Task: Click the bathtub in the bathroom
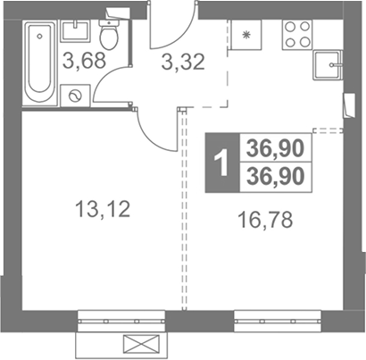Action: [x=39, y=63]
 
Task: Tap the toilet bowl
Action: [x=109, y=34]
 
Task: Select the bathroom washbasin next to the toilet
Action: [x=75, y=30]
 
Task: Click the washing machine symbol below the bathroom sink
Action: [x=75, y=96]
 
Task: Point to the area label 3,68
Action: [x=84, y=60]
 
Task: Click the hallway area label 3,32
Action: [x=183, y=62]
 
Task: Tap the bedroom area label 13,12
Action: [x=103, y=208]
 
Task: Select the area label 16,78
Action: [x=265, y=219]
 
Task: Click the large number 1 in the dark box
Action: [x=222, y=163]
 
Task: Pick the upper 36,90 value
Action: [x=276, y=148]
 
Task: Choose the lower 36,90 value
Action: [x=276, y=176]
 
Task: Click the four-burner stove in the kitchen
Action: [x=297, y=35]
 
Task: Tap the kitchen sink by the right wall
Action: [x=328, y=65]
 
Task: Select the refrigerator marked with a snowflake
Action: [x=245, y=35]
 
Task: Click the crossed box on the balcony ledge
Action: [x=141, y=343]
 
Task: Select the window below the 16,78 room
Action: [x=278, y=322]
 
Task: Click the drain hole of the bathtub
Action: [x=39, y=36]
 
